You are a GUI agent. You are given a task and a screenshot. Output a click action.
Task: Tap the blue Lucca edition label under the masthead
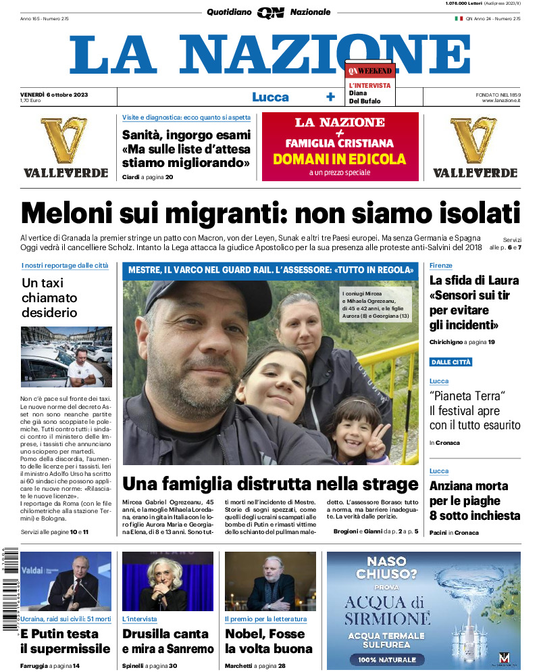tap(270, 97)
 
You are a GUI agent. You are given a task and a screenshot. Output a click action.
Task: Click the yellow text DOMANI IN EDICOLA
tap(340, 160)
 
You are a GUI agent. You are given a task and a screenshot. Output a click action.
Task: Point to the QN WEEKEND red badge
tap(369, 70)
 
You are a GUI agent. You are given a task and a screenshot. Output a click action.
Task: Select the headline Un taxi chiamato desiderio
tap(49, 298)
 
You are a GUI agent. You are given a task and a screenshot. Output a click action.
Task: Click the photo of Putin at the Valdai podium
tap(66, 581)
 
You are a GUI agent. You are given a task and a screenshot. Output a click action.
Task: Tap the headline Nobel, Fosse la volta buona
tap(268, 642)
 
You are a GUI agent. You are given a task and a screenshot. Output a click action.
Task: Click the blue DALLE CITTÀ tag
tap(451, 362)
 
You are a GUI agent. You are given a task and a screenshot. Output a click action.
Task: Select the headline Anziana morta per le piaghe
tap(474, 500)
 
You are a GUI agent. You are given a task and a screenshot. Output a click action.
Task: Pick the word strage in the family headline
tap(390, 485)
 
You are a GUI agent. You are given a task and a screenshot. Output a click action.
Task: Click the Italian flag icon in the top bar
tap(458, 18)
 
